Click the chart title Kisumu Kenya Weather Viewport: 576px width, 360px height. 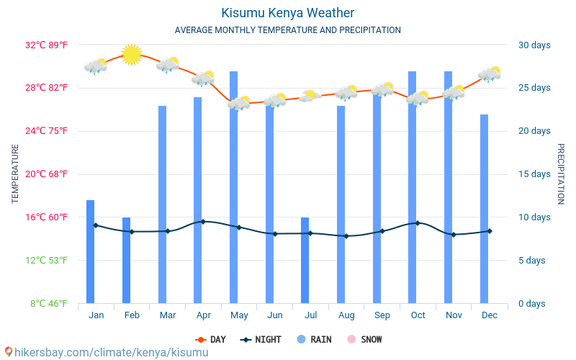[287, 13]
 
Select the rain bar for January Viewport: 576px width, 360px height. [91, 252]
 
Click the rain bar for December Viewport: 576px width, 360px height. [485, 209]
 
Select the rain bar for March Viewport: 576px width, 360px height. [163, 204]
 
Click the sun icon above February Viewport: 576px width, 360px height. [132, 54]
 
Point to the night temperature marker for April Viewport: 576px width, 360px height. [203, 222]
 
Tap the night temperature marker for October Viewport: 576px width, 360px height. [418, 223]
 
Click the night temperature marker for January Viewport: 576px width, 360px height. [96, 225]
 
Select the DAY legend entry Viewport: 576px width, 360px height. [210, 340]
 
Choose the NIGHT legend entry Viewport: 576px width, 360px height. [261, 340]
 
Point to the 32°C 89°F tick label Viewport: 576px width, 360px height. [47, 45]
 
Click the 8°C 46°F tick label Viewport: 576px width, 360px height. [49, 304]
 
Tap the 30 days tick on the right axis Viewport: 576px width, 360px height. [534, 45]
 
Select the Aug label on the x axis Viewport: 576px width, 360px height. [346, 315]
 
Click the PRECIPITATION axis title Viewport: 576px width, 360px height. [560, 174]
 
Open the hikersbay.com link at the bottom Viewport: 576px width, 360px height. [106, 352]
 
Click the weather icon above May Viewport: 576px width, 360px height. [239, 103]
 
